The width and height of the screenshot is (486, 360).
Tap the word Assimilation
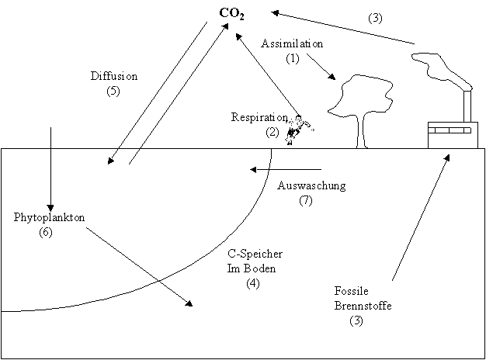[293, 43]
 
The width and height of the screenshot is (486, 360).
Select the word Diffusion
[114, 76]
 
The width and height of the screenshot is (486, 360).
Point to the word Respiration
[259, 117]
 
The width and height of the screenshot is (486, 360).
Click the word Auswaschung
[311, 185]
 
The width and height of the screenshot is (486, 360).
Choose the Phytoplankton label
[48, 218]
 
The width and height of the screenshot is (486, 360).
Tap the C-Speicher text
[254, 254]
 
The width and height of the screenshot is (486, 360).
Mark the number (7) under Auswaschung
[305, 200]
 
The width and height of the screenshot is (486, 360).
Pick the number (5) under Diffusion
[114, 91]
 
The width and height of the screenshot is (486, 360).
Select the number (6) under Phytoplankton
[45, 233]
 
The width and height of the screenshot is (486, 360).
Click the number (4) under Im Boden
[253, 283]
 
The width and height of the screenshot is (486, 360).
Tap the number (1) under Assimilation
[292, 58]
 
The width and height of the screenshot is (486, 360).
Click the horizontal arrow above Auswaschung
[285, 168]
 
